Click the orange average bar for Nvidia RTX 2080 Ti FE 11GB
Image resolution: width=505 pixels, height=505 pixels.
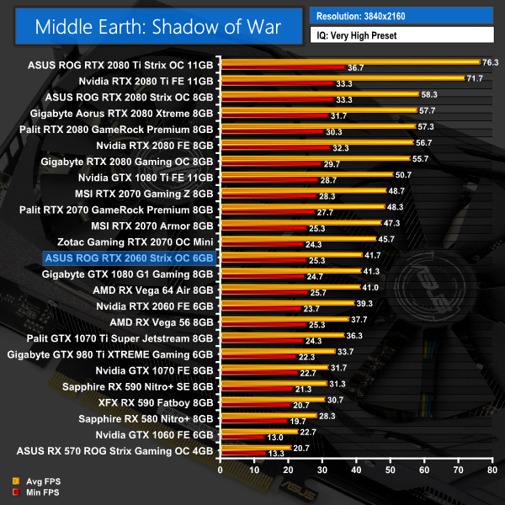342,78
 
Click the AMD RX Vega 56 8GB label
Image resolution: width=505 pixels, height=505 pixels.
162,322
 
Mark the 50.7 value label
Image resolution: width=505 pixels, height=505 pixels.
403,175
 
